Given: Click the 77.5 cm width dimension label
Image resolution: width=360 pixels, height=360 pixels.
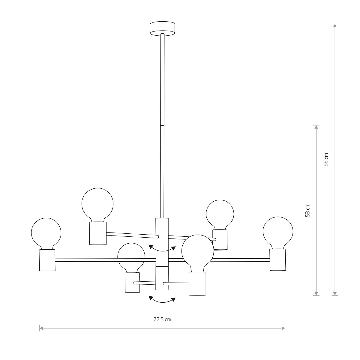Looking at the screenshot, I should click(162, 319).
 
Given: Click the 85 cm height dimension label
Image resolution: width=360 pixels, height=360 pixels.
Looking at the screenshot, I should click(326, 160).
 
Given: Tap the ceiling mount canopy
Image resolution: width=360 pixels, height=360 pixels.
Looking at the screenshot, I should click(162, 28).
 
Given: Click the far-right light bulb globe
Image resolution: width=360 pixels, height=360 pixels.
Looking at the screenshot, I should click(278, 231).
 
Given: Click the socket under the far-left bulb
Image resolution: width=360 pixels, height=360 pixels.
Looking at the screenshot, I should click(47, 260).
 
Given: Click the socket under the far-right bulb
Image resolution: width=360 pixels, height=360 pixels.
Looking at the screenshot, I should click(277, 259).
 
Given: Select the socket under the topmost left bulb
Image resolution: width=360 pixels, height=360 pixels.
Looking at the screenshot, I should click(98, 233).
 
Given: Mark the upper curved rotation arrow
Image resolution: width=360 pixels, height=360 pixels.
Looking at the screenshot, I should click(162, 249).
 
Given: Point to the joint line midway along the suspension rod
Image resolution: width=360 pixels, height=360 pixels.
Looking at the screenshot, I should click(162, 126).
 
